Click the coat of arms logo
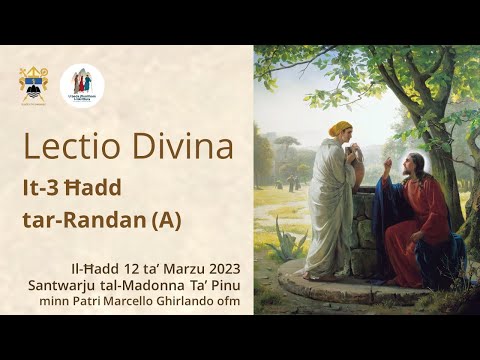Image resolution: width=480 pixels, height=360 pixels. click(33, 85)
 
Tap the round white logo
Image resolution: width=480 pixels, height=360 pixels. click(82, 85)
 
